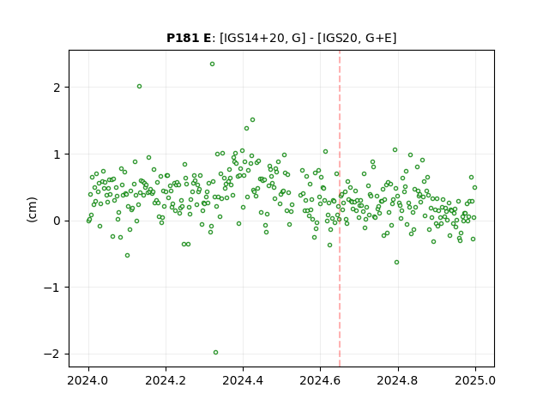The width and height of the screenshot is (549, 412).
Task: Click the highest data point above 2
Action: (212, 64)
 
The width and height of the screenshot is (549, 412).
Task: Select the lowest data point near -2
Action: (215, 353)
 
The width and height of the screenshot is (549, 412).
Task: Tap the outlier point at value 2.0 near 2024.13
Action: (139, 87)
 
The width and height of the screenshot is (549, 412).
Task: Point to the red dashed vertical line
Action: (340, 209)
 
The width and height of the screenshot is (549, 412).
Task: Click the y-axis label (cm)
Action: (32, 209)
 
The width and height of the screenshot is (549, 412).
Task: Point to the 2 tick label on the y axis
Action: (57, 88)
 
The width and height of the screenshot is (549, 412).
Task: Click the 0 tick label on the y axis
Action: (57, 221)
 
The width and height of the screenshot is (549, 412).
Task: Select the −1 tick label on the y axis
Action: (51, 288)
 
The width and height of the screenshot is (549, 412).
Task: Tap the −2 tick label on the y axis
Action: (51, 354)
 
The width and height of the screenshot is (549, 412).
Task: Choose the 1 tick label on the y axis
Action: (57, 154)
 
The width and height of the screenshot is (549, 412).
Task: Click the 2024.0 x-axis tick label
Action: (87, 380)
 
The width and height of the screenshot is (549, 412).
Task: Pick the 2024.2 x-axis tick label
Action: (166, 380)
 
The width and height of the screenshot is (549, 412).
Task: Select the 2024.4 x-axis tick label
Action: (243, 380)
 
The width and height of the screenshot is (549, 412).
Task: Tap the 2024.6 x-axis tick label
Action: (320, 380)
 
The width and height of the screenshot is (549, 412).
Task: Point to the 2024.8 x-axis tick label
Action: (397, 380)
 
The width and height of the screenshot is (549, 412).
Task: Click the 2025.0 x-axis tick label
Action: (475, 380)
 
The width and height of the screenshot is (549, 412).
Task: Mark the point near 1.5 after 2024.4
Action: (252, 120)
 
